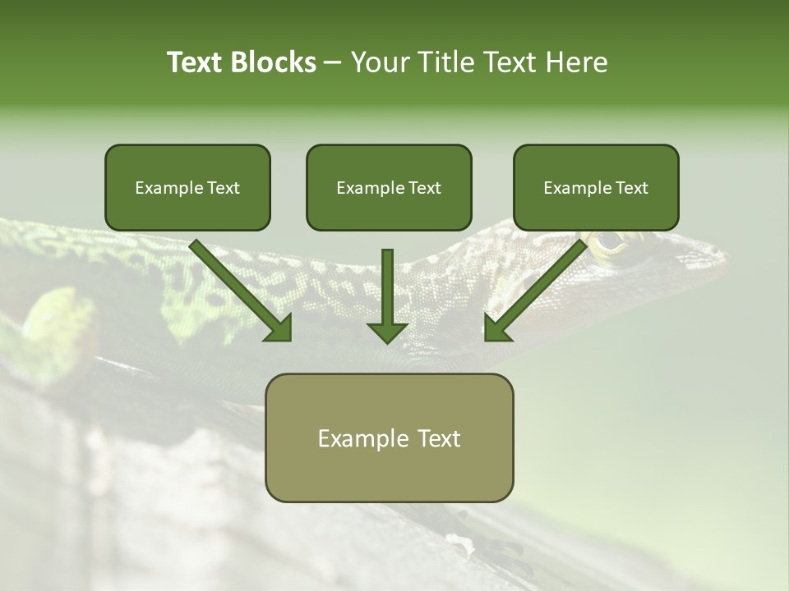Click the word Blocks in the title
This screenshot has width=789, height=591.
275,62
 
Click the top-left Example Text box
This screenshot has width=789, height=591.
187,187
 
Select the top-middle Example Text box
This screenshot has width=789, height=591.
389,187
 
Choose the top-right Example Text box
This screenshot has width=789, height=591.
596,187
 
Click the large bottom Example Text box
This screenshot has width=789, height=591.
389,438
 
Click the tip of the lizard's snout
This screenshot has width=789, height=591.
725,263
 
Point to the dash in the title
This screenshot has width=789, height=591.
333,62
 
